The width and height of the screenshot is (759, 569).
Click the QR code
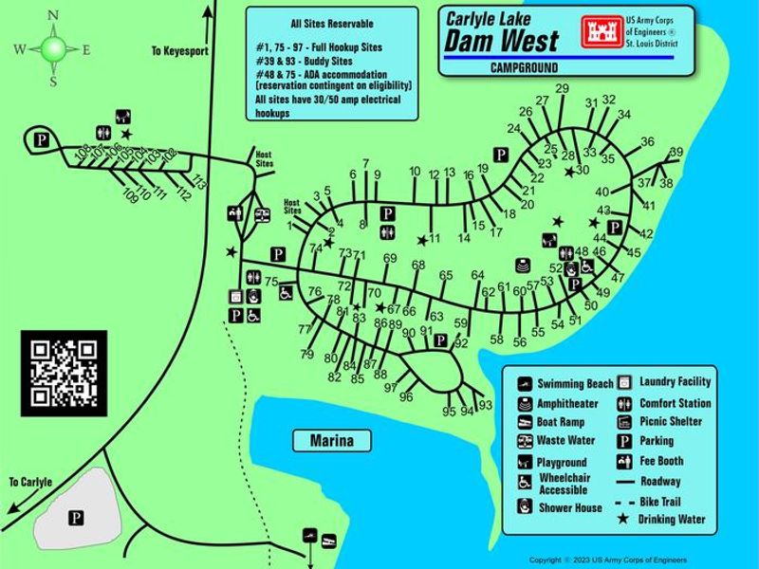(64, 374)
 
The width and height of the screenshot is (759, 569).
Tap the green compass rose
(53, 48)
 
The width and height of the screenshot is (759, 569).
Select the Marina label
(331, 441)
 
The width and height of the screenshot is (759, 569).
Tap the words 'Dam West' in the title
(502, 39)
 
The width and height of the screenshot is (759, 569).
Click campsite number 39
(676, 153)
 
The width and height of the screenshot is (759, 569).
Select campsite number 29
(562, 89)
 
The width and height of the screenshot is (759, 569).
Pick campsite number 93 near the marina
(486, 406)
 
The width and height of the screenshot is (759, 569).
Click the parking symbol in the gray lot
(76, 517)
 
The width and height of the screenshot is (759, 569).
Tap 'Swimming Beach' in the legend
(575, 384)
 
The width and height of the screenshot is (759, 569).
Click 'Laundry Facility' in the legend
(675, 381)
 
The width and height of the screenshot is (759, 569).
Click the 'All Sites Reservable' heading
(331, 23)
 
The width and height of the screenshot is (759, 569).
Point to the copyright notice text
(607, 560)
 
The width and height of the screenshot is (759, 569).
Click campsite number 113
(198, 183)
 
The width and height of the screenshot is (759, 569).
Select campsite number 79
(307, 354)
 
